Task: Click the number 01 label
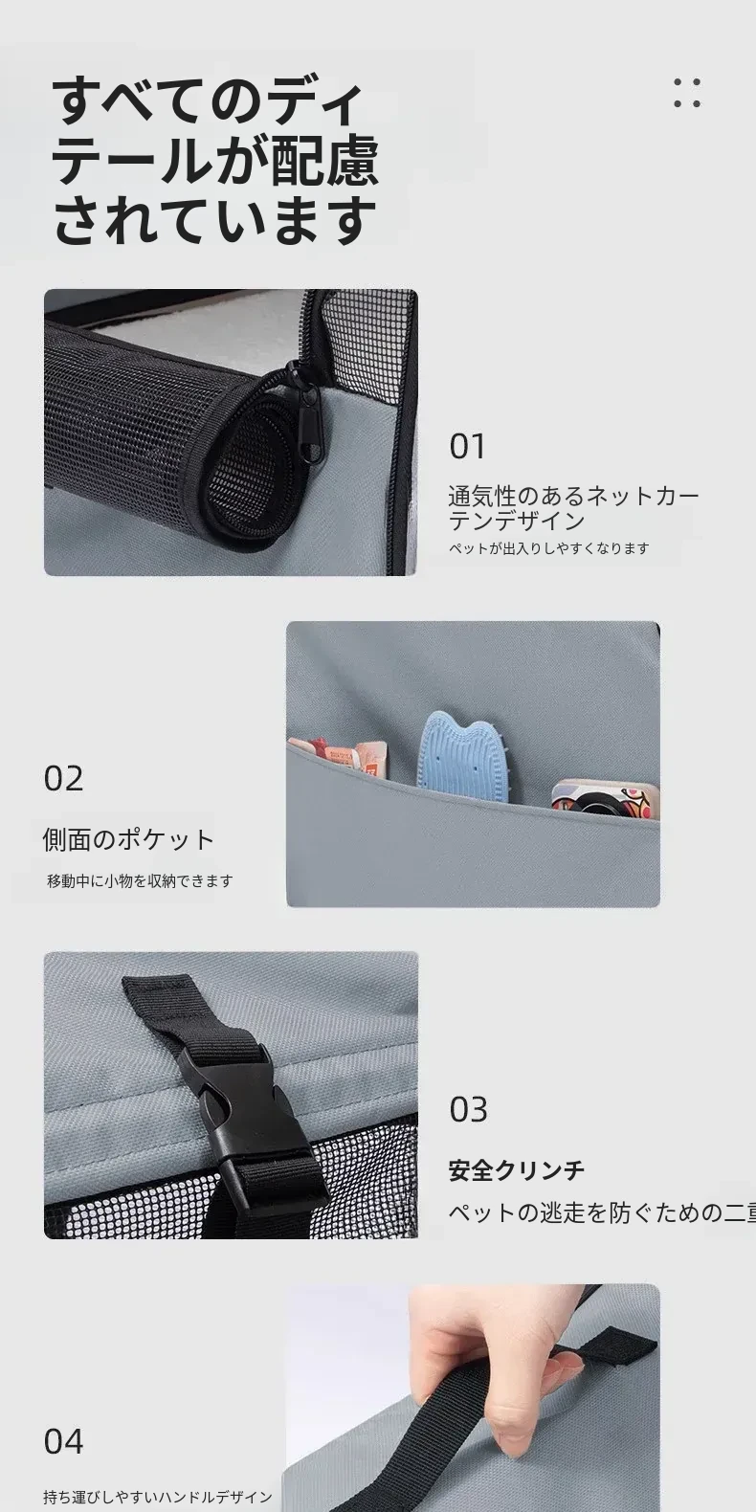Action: tap(467, 447)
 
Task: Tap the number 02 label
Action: tap(63, 778)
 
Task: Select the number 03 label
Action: tap(468, 1110)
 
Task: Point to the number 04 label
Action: tap(63, 1442)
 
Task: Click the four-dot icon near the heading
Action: tap(687, 93)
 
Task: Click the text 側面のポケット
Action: tap(129, 839)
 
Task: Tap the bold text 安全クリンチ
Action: tap(517, 1169)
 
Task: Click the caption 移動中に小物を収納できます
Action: tap(140, 880)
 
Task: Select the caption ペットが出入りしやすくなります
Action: tap(548, 548)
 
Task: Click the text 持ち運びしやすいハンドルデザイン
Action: tap(158, 1497)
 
